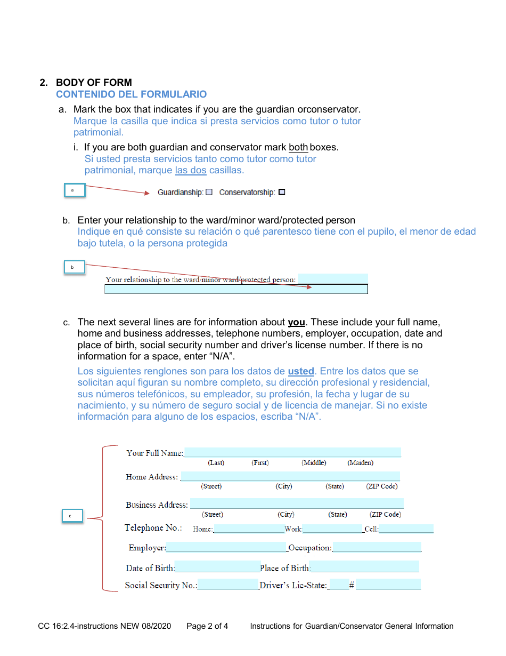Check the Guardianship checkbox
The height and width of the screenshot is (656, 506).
click(x=209, y=192)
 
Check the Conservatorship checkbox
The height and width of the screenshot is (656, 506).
click(x=282, y=192)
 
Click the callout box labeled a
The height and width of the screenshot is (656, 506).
click(x=75, y=190)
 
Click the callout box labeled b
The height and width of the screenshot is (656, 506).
click(x=75, y=267)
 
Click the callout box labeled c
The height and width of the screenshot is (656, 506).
click(x=71, y=516)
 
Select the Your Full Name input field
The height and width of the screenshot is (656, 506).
click(x=292, y=452)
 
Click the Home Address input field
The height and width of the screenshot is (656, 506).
click(x=290, y=476)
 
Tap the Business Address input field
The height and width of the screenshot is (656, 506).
click(x=296, y=503)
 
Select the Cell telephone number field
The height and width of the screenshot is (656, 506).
click(x=406, y=529)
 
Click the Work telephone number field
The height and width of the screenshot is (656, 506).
click(x=332, y=529)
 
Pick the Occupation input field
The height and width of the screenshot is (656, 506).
click(x=377, y=547)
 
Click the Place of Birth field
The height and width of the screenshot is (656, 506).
click(x=364, y=567)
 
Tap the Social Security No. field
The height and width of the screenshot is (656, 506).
click(x=228, y=585)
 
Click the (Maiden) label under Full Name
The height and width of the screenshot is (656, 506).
click(x=360, y=462)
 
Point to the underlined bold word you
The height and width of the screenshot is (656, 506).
click(x=296, y=322)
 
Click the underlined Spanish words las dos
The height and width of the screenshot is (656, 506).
click(x=191, y=170)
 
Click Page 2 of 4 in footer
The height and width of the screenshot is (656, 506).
click(x=207, y=626)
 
